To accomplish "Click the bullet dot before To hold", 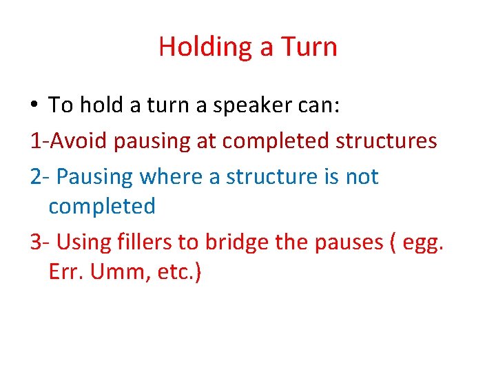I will (x=35, y=105).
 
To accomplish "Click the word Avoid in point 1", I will (x=82, y=141).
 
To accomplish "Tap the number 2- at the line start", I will (x=40, y=177).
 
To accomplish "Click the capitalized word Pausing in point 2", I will (x=95, y=177).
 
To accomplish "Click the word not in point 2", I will (x=362, y=177).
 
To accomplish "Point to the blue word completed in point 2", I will (x=102, y=206).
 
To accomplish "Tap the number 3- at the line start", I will (x=40, y=242).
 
